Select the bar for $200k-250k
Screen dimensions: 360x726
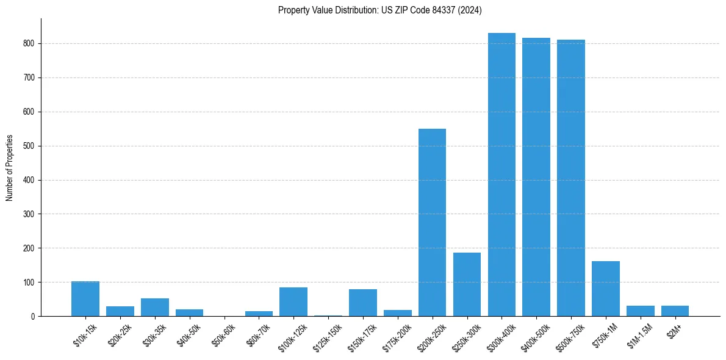[x=432, y=223]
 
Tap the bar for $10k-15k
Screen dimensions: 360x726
[x=85, y=299]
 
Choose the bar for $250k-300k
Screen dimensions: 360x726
[x=467, y=284]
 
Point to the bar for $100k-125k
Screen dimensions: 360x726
[x=293, y=302]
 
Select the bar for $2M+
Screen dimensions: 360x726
[x=675, y=311]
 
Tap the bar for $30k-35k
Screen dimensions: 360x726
[x=155, y=308]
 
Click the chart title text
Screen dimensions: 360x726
[x=380, y=10]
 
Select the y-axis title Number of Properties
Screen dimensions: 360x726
[x=10, y=168]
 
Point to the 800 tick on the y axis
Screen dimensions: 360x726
[x=29, y=44]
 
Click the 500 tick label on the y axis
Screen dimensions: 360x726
[x=29, y=146]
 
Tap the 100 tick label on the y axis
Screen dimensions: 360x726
[x=29, y=283]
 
